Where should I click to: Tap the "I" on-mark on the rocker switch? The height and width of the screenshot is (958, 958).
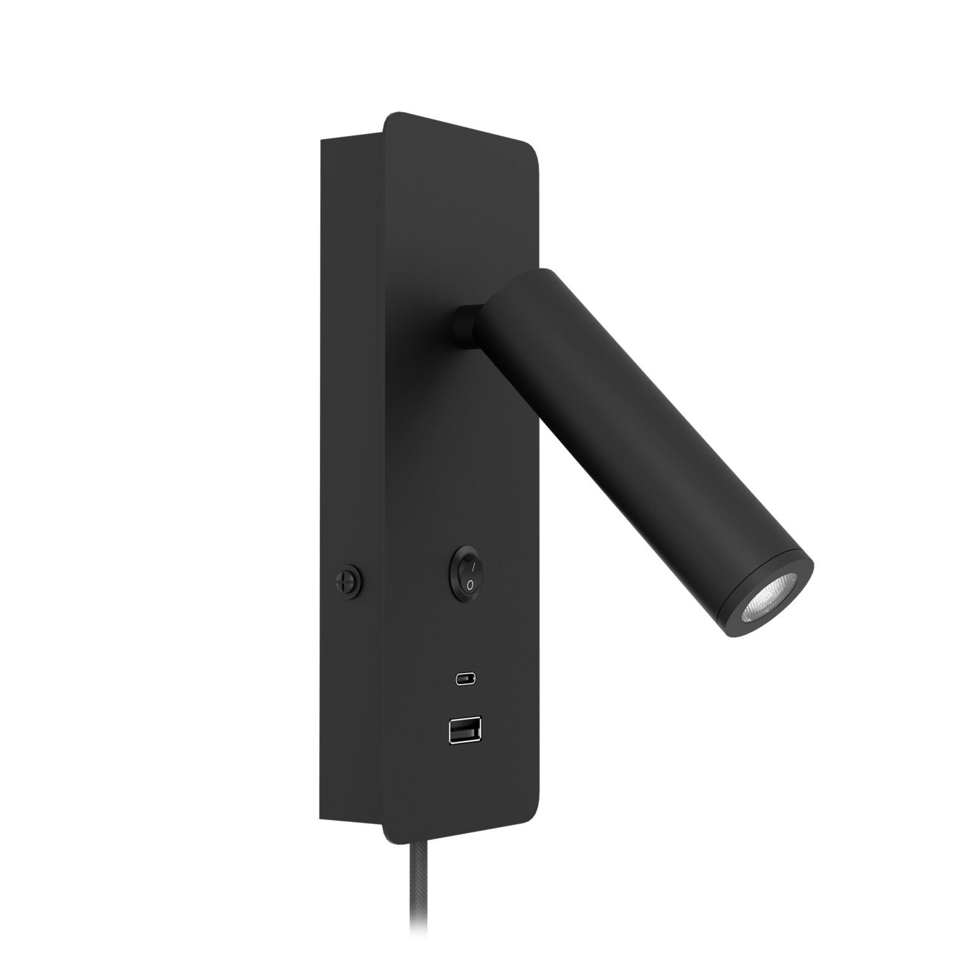click(473, 566)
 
